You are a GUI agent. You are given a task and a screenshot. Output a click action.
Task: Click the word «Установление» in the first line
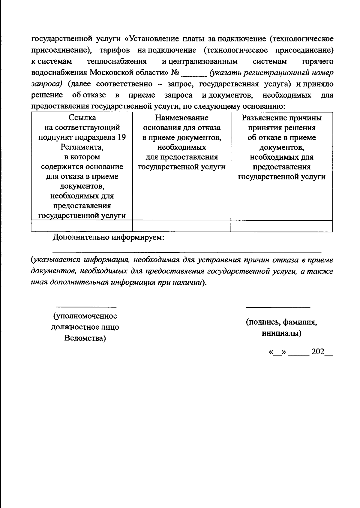[152, 39]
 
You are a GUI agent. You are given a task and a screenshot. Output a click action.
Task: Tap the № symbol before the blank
[175, 73]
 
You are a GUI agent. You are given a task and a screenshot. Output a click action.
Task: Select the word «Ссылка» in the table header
[82, 118]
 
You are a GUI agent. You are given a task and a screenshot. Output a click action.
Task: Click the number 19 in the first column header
[121, 138]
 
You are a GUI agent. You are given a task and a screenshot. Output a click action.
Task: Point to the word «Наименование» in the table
[181, 118]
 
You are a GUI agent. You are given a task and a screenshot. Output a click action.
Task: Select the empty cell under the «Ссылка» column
[82, 226]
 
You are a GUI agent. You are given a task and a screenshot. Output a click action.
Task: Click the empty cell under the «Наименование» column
[181, 226]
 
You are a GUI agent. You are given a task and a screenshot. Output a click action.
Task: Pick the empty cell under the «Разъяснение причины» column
[281, 226]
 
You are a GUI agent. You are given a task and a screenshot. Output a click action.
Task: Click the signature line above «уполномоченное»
[86, 307]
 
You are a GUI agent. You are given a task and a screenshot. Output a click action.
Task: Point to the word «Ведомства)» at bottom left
[85, 338]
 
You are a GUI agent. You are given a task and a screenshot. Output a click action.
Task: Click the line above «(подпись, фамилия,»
[278, 307]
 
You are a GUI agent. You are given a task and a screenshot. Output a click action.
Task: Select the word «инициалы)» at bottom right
[281, 333]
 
